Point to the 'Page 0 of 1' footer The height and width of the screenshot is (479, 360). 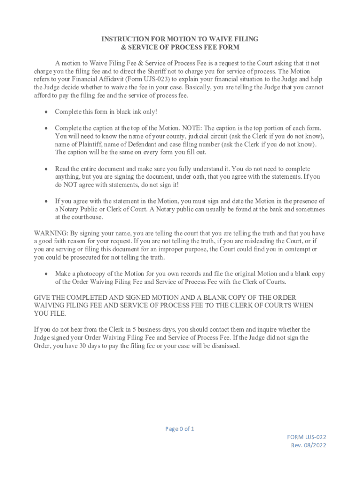point(180,429)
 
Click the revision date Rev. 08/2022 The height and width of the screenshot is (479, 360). point(309,445)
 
